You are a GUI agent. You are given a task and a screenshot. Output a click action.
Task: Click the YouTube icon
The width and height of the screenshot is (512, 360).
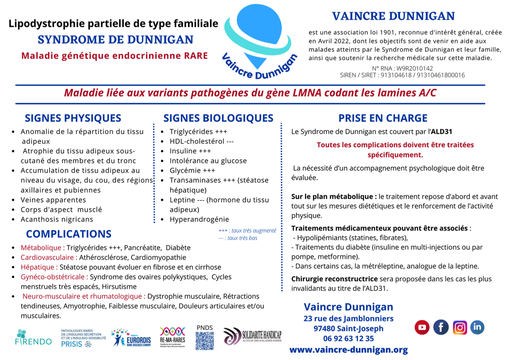pos(422,327)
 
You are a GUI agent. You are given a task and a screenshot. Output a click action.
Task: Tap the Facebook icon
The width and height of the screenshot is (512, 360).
pos(441,327)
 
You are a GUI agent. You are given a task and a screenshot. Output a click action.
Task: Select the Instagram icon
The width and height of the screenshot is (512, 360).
pos(460,327)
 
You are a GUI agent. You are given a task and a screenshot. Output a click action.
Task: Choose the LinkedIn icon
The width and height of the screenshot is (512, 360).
pos(477,327)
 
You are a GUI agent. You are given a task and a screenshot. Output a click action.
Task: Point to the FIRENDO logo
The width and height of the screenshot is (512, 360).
pos(33,337)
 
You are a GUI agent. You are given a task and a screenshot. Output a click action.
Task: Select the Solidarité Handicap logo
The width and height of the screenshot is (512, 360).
pos(252,336)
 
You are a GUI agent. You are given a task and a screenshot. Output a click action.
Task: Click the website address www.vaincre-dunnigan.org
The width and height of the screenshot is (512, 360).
pos(348,350)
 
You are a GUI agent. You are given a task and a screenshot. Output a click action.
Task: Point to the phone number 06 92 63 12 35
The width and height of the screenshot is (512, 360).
pos(348,339)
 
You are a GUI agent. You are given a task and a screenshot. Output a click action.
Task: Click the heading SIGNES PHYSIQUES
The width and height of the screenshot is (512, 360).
pos(73,118)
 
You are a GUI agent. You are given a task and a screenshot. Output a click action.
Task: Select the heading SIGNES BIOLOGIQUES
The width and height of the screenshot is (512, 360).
pos(218,118)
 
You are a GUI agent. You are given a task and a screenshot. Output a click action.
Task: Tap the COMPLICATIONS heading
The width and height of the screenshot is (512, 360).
pos(69,234)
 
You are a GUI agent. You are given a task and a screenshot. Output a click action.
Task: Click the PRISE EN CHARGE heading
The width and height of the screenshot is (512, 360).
pos(383,118)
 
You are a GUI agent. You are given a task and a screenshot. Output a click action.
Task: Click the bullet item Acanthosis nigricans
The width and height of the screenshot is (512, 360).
pos(57,219)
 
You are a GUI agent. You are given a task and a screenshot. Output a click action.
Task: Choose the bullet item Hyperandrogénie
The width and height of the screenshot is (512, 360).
pos(199,219)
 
